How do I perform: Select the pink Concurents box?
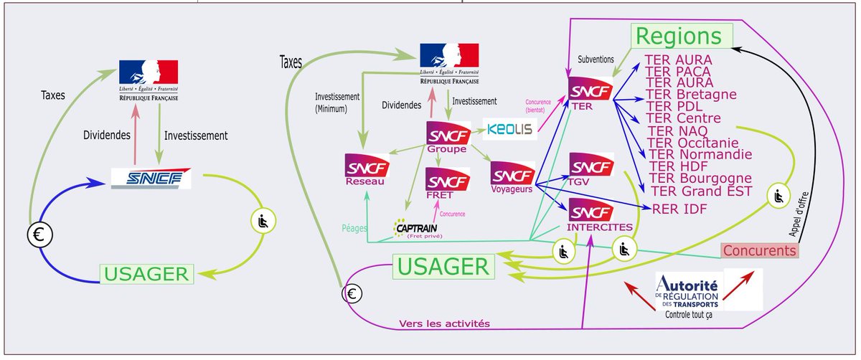tap(760, 251)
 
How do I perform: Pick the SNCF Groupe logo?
tap(447, 136)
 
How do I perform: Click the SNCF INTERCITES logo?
tap(591, 216)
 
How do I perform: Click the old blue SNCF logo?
tap(151, 179)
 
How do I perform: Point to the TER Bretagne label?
tap(691, 95)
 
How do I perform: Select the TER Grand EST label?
tap(700, 191)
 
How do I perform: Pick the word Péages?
tap(356, 228)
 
